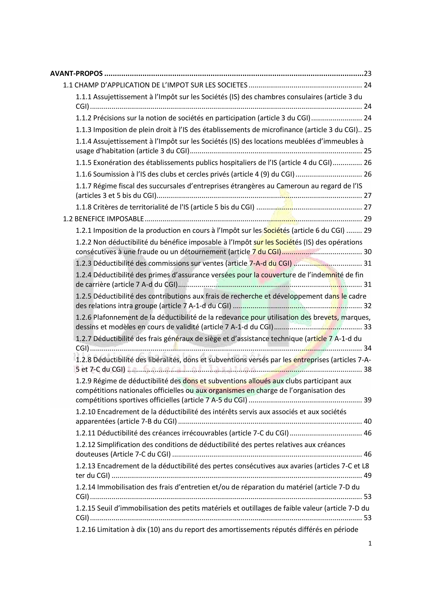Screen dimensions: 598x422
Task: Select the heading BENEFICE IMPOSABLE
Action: pos(109,219)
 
